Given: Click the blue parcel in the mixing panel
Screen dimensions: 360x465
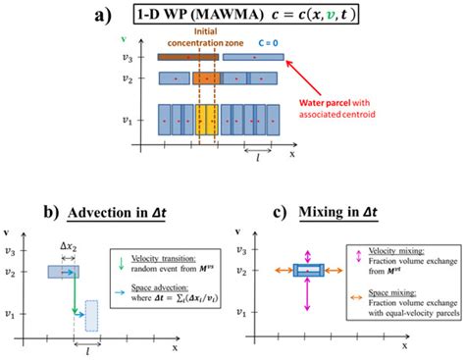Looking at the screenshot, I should [x=309, y=269].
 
